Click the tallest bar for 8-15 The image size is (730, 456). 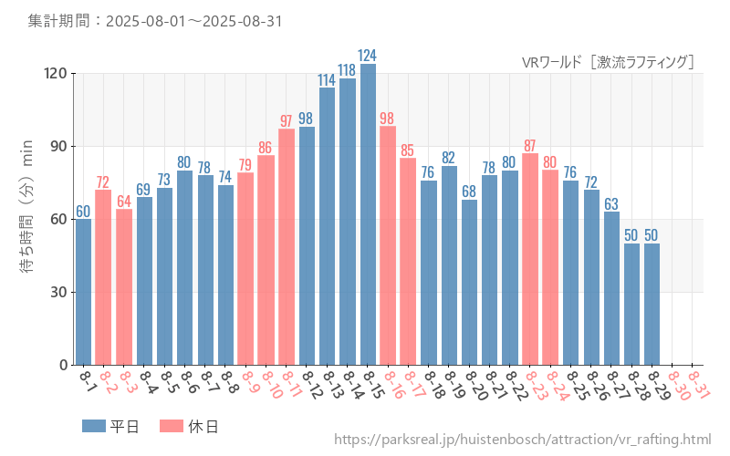click(x=368, y=214)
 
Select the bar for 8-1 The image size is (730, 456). click(x=83, y=292)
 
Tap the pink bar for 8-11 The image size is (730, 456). click(x=287, y=246)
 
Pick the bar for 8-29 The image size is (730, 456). click(x=652, y=304)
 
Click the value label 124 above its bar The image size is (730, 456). click(x=368, y=56)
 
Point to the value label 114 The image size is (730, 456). click(x=327, y=80)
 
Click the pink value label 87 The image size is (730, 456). click(x=530, y=146)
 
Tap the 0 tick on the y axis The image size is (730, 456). click(x=64, y=365)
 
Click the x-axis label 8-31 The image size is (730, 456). click(x=699, y=384)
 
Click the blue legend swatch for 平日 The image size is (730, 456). click(x=94, y=426)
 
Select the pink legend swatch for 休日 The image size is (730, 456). click(x=172, y=426)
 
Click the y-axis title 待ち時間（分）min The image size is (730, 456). click(x=26, y=219)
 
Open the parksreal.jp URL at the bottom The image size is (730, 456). click(x=522, y=440)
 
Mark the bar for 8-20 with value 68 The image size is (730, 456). click(x=469, y=282)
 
